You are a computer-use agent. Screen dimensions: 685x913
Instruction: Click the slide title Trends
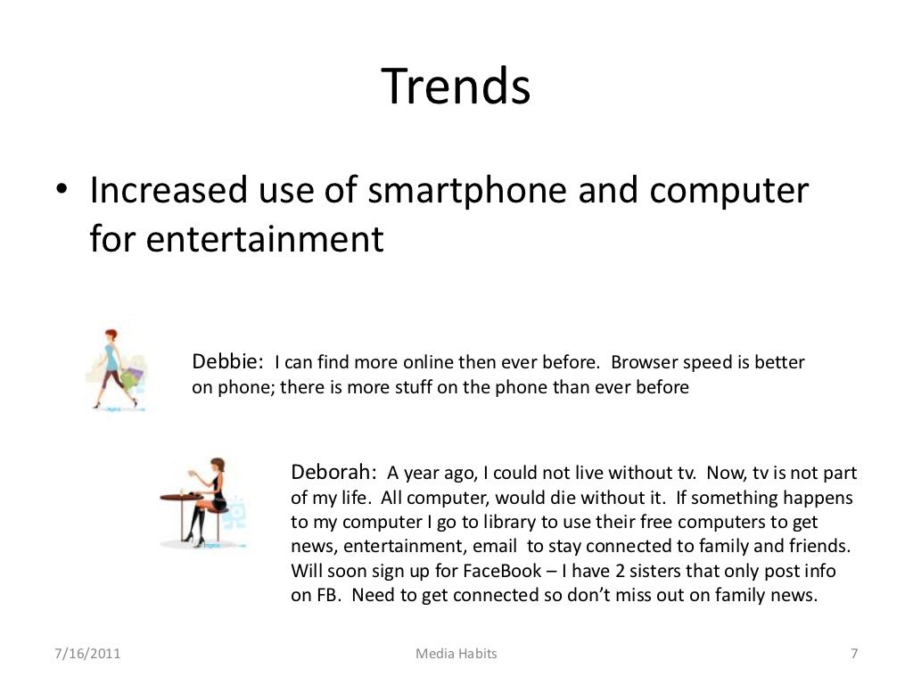click(456, 87)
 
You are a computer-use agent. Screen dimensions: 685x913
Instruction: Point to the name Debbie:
click(227, 362)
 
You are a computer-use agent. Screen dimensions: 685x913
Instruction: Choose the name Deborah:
click(333, 472)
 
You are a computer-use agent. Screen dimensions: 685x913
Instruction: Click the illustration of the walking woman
click(115, 368)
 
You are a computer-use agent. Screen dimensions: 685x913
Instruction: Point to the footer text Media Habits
click(456, 654)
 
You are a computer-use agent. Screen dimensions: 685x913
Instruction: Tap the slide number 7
click(853, 654)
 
